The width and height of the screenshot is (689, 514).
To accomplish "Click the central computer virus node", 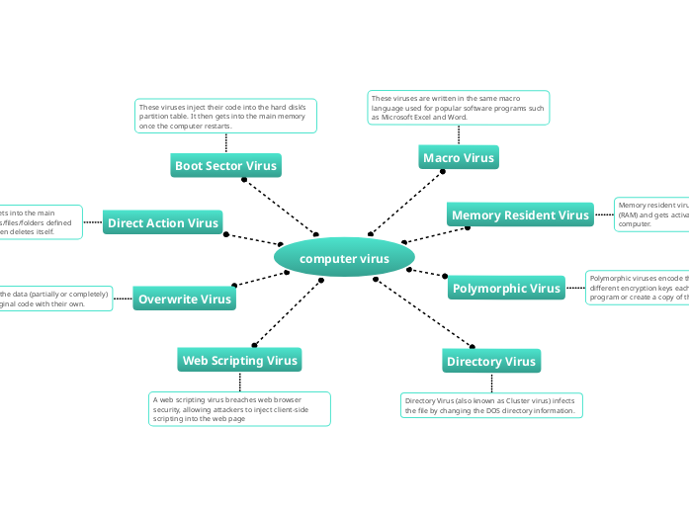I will (344, 258).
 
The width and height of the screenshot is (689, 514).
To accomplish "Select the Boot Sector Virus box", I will (225, 165).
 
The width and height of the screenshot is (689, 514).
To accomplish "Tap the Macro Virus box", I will (459, 157).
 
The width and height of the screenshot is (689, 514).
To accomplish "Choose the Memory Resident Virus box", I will (519, 214).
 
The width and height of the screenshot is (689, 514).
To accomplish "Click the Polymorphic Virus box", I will (506, 288).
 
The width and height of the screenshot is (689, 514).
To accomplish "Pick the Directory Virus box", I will (490, 361).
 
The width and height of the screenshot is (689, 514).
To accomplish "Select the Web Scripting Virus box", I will (239, 360).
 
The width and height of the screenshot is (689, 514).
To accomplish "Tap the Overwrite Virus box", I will (185, 299).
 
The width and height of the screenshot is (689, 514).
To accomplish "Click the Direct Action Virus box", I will (163, 222).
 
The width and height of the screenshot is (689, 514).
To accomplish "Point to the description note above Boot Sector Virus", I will (225, 116).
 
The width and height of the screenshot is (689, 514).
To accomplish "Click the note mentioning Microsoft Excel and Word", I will (459, 108).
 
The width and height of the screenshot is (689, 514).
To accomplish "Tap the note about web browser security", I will (239, 408).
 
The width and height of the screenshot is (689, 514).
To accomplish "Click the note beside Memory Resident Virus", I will (651, 214).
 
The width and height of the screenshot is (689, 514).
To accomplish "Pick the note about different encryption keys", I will (638, 288).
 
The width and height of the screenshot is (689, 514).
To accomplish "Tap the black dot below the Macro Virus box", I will (443, 172).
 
